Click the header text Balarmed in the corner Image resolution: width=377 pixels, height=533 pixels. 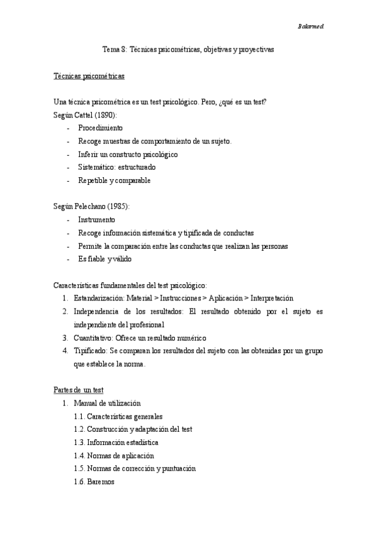coord(310,26)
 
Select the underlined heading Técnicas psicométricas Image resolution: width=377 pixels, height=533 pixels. coord(89,76)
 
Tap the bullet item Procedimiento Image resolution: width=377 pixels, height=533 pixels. coord(100,128)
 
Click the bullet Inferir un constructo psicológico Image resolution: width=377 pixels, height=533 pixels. coord(128,154)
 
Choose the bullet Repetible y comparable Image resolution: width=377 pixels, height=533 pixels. coord(114,180)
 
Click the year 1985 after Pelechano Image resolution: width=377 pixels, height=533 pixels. coord(118,207)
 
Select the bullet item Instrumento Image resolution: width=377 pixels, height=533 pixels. coord(96,220)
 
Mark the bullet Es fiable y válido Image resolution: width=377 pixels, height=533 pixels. coord(105,259)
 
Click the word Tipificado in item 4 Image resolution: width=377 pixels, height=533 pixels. coord(90,351)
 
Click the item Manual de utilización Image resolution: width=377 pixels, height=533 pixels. coord(107,403)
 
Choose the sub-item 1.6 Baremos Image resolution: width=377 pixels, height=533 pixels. coord(94,482)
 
